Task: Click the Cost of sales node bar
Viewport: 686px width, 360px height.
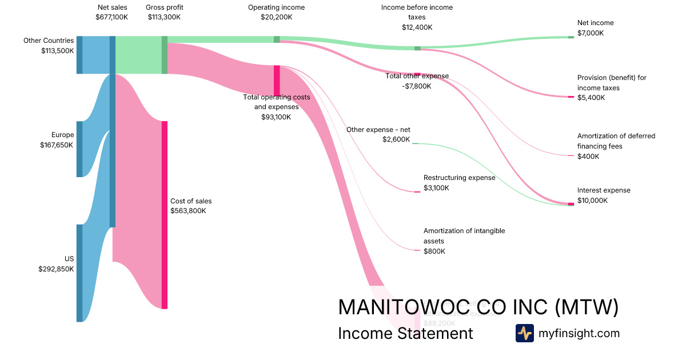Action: coord(164,215)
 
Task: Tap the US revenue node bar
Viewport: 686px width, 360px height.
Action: coord(79,273)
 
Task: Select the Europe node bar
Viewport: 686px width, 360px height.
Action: coord(79,149)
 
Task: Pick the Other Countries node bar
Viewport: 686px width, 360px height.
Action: coord(79,55)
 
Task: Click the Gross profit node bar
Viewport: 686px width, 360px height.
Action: coord(165,55)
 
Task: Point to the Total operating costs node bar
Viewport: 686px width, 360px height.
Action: coord(277,80)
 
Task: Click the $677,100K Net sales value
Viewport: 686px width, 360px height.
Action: coord(112,17)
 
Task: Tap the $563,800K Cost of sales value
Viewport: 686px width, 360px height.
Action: coord(188,211)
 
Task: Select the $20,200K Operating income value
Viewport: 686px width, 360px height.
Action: coord(276,17)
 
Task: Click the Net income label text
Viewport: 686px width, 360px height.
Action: coord(595,23)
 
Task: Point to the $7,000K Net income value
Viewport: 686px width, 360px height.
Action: coord(591,33)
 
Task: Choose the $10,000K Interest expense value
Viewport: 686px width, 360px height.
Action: coord(592,201)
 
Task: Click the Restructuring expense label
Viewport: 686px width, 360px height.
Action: coord(459,178)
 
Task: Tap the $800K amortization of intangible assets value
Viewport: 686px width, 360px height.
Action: coord(434,251)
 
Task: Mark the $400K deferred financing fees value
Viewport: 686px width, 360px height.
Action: coord(588,157)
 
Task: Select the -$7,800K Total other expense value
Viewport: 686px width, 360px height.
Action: coord(416,86)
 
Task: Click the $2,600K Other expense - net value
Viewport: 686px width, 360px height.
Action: coord(396,139)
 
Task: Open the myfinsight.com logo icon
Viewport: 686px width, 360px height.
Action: coord(524,333)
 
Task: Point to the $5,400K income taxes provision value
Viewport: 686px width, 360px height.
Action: coord(591,98)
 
